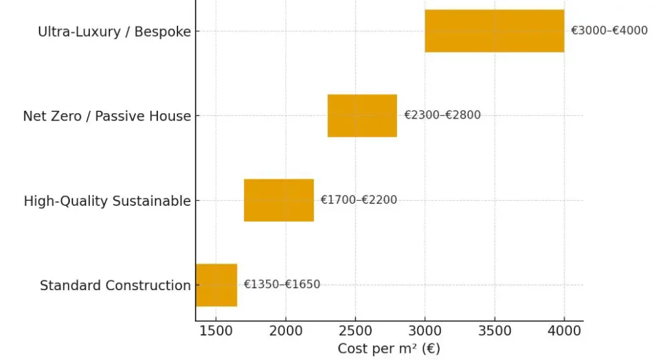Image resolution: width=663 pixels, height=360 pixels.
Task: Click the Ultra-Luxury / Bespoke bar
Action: (494, 30)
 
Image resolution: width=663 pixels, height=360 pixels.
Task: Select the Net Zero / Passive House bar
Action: (362, 115)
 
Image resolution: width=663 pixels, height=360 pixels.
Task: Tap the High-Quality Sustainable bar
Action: (278, 200)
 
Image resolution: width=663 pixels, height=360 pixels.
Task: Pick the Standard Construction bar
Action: (216, 285)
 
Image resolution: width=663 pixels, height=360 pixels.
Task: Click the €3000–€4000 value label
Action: (609, 30)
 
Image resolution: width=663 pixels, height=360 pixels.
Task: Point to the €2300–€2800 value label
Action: (442, 115)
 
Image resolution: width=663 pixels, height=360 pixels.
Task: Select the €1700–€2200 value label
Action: (359, 200)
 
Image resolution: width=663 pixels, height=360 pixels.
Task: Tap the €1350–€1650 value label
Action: (282, 285)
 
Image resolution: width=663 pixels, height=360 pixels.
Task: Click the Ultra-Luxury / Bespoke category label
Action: (115, 32)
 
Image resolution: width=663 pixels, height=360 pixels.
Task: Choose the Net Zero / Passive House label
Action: (107, 117)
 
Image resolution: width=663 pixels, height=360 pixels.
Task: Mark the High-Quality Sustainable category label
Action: (107, 201)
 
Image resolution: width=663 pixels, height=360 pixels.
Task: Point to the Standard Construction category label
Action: (115, 286)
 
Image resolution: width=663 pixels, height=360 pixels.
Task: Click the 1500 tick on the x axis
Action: (216, 332)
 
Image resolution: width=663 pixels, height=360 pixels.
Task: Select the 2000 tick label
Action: (286, 332)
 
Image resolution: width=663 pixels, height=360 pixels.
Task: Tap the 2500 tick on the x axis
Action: (355, 332)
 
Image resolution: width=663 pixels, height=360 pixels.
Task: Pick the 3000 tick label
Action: (425, 332)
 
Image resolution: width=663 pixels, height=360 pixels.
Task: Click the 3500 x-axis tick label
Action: (495, 332)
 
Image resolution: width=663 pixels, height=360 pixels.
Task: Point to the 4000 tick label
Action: (564, 332)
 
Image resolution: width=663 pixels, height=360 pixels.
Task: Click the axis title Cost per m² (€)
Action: (388, 349)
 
